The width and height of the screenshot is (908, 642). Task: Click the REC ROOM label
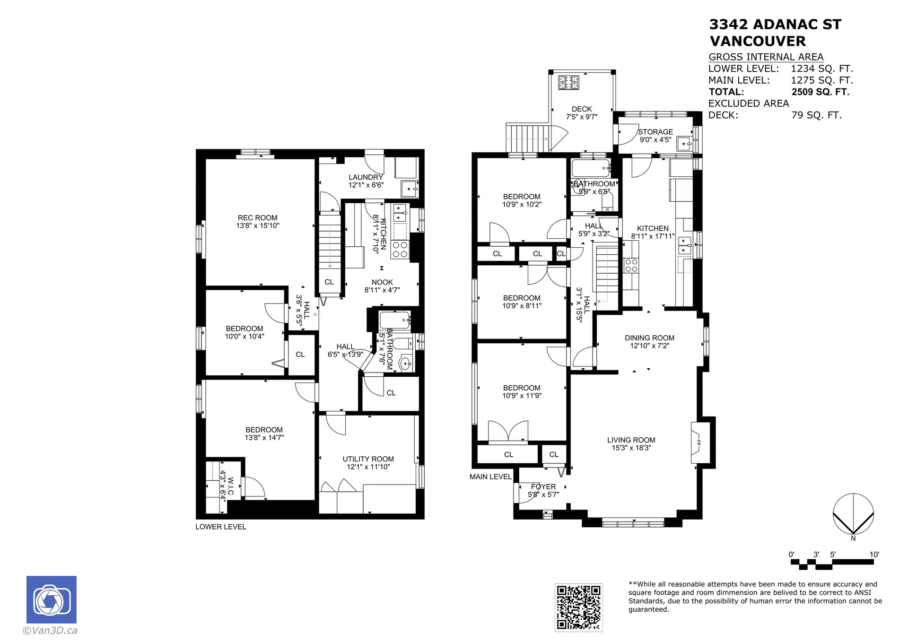click(x=257, y=218)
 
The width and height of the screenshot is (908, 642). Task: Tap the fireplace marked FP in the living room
click(x=699, y=443)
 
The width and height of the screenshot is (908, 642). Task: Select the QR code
click(x=578, y=607)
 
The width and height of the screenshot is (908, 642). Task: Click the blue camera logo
click(x=51, y=599)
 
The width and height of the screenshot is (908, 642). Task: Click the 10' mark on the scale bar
click(x=874, y=555)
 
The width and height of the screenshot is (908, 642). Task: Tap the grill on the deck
click(x=568, y=82)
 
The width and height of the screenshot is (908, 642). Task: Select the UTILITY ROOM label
click(x=368, y=459)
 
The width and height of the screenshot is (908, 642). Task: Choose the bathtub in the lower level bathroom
click(x=395, y=320)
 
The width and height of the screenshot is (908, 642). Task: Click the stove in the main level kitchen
click(x=631, y=265)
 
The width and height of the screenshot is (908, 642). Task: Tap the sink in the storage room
click(x=684, y=142)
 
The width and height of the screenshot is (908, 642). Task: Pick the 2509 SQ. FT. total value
click(x=821, y=92)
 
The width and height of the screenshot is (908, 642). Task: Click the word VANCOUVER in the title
click(x=758, y=41)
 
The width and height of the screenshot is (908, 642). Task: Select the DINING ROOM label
click(x=649, y=338)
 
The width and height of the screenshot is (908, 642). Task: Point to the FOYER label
click(x=543, y=486)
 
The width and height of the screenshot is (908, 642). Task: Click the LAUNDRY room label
click(x=366, y=177)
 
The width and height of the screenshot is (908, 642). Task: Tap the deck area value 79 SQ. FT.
click(x=816, y=115)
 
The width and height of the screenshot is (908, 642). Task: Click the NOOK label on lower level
click(x=382, y=282)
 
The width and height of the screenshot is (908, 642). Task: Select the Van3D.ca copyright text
click(x=50, y=630)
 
